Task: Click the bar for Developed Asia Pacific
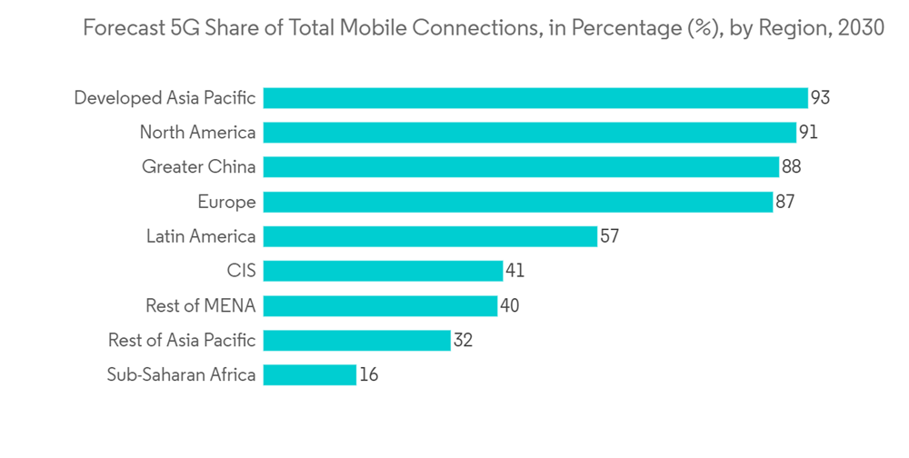[535, 98]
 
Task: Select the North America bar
[530, 133]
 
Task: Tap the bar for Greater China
[521, 167]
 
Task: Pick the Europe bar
[518, 202]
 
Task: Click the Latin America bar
[430, 236]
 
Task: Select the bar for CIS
[383, 271]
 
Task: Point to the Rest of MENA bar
[380, 305]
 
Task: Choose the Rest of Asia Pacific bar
[356, 340]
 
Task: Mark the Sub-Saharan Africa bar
[309, 374]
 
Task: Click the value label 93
[820, 98]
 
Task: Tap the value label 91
[808, 133]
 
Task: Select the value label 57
[609, 236]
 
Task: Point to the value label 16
[368, 374]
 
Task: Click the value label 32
[463, 340]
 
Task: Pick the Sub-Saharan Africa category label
[181, 374]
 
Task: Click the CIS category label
[241, 271]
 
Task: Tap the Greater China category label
[198, 167]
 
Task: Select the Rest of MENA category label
[200, 305]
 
